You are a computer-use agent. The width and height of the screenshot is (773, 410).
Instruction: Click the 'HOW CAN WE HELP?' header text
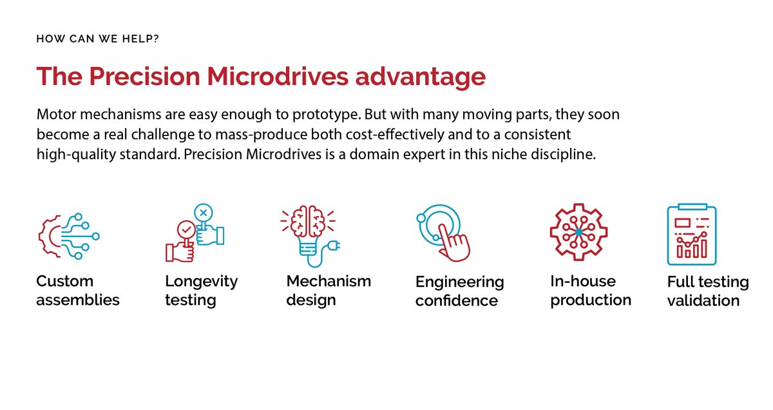click(97, 39)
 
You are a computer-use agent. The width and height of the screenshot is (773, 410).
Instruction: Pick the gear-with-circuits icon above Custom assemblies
click(68, 236)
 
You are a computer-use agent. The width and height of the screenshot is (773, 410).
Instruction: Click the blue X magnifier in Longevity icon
click(204, 213)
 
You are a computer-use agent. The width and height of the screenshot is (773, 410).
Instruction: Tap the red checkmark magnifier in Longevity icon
click(186, 229)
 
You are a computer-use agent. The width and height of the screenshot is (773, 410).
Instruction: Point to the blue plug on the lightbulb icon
click(334, 245)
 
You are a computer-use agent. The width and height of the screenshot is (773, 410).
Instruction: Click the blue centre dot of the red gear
click(578, 231)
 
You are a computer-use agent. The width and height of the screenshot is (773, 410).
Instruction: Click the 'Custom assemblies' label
click(77, 290)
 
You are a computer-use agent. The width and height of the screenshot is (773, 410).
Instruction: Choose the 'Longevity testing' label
click(201, 290)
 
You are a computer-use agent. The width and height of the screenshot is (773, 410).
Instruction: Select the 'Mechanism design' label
click(329, 290)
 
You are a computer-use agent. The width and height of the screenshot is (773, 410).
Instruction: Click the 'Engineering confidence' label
click(459, 291)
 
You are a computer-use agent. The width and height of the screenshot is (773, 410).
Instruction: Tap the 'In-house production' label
click(590, 290)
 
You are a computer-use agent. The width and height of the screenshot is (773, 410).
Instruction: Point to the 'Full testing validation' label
click(707, 291)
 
